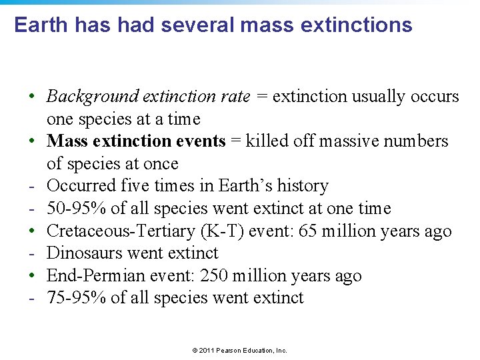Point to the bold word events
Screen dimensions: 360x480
pos(201,141)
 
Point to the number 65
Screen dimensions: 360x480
pos(327,231)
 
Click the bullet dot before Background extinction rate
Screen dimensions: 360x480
pos(32,97)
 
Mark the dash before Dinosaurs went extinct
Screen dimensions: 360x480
pos(31,253)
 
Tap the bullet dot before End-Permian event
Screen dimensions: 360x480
pos(32,276)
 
